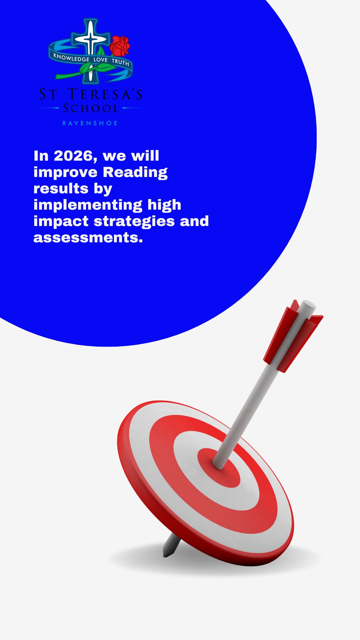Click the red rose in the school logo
point(120,46)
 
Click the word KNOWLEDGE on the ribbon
point(71,58)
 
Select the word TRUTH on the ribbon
point(120,62)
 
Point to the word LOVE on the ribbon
point(100,60)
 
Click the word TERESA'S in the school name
point(105,94)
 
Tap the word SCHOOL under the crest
point(91,108)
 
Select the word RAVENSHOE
point(90,123)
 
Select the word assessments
point(88,238)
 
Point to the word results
point(61,189)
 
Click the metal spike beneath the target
point(171,545)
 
